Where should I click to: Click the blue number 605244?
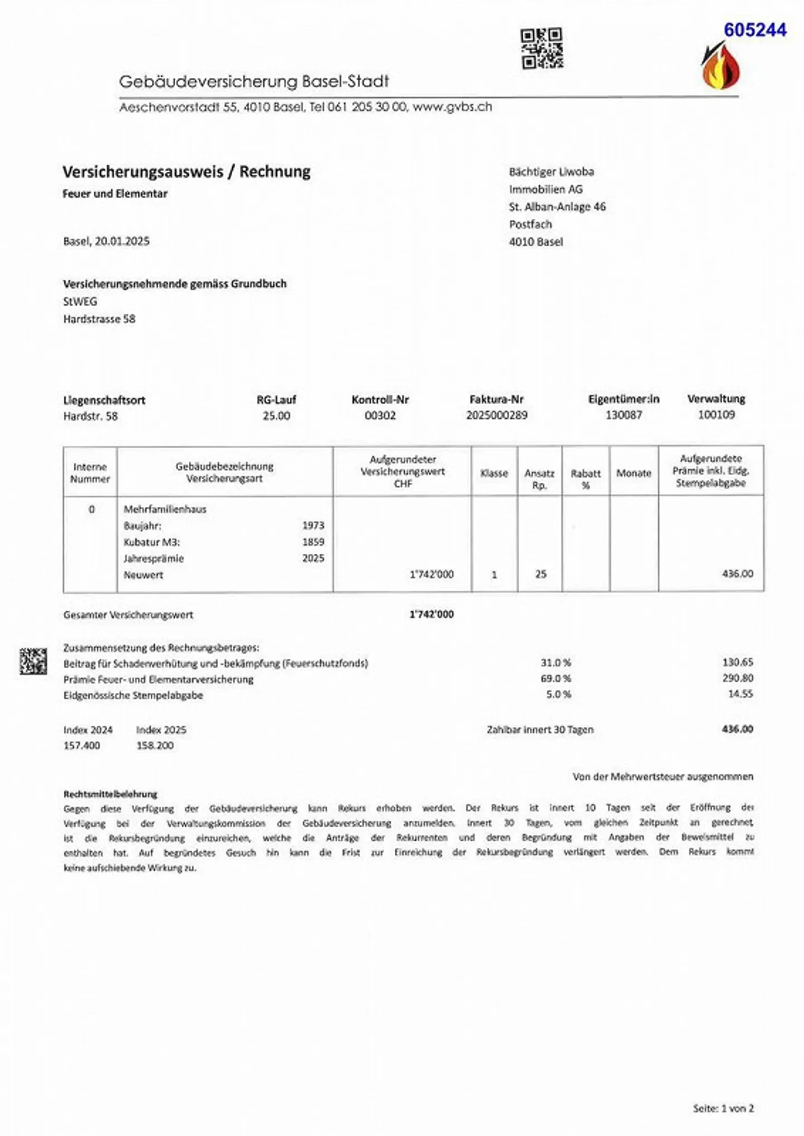tap(755, 30)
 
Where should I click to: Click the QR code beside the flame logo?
tap(542, 49)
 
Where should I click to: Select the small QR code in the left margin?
tap(33, 661)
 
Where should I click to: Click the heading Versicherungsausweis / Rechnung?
tap(186, 171)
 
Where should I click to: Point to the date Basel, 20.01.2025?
tap(106, 241)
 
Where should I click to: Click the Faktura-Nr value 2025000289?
tap(496, 415)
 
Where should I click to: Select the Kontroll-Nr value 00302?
tap(380, 416)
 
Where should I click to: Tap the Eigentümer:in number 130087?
tap(624, 415)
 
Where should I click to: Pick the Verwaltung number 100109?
tap(716, 415)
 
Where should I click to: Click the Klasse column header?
tap(494, 473)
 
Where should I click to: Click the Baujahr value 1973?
tap(313, 525)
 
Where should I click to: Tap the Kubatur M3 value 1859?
tap(313, 541)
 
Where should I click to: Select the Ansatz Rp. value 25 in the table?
tap(540, 574)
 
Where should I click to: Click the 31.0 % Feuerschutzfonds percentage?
tap(556, 663)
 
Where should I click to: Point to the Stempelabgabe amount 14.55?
tap(740, 694)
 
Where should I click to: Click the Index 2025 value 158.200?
tap(155, 745)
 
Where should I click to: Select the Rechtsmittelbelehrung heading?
tap(110, 793)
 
